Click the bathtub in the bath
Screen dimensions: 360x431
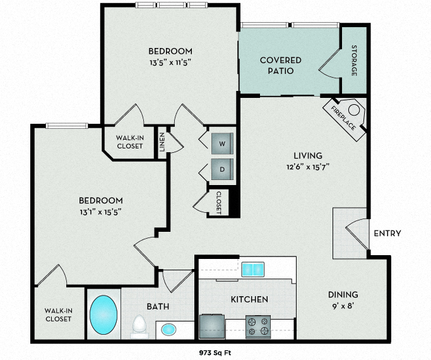pos(103,315)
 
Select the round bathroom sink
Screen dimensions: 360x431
pos(169,329)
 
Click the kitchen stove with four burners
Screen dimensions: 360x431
pos(258,326)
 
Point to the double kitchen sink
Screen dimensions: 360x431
pos(254,270)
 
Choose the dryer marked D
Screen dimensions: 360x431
pos(221,169)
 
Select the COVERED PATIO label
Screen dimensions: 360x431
pos(281,65)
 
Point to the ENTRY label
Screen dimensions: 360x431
pos(387,233)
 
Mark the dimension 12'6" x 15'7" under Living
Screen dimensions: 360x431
pos(307,167)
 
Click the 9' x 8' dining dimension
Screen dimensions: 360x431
pos(343,306)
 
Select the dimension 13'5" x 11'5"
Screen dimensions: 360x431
pos(170,63)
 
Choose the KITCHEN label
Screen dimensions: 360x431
pos(250,299)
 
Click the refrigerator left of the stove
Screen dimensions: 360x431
pos(211,327)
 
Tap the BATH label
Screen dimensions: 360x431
pos(158,306)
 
